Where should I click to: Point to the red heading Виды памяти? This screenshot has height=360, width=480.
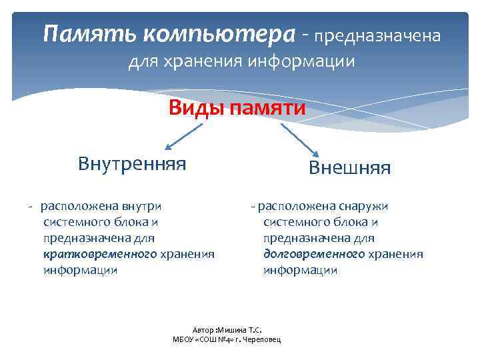point(237,108)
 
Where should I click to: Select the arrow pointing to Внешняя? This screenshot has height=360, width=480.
point(296,139)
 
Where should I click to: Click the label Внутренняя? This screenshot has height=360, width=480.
point(132,163)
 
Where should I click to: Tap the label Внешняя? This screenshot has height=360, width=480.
point(349,167)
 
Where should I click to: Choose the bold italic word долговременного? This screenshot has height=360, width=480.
point(314,254)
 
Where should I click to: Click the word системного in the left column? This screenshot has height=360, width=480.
point(75,222)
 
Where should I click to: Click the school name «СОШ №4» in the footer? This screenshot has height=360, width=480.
point(216,339)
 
